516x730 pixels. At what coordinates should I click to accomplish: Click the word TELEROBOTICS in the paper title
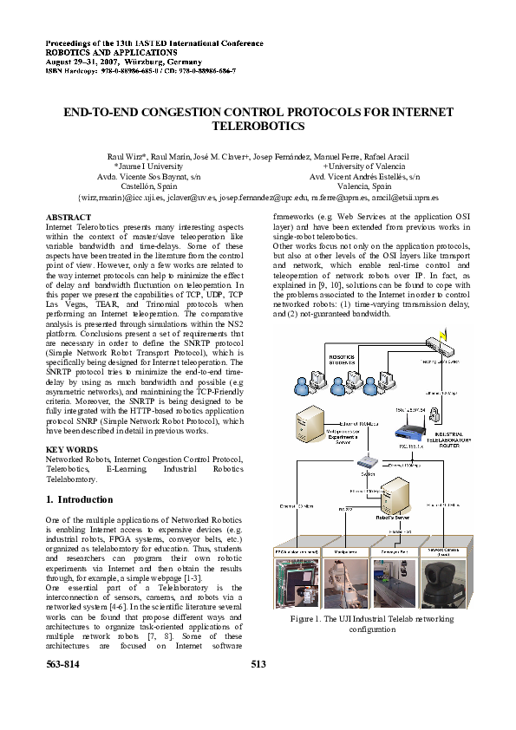[258, 127]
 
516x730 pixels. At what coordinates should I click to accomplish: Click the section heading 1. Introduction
[78, 500]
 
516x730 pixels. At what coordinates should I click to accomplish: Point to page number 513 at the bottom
[258, 664]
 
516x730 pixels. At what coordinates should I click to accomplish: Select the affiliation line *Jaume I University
[148, 166]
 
